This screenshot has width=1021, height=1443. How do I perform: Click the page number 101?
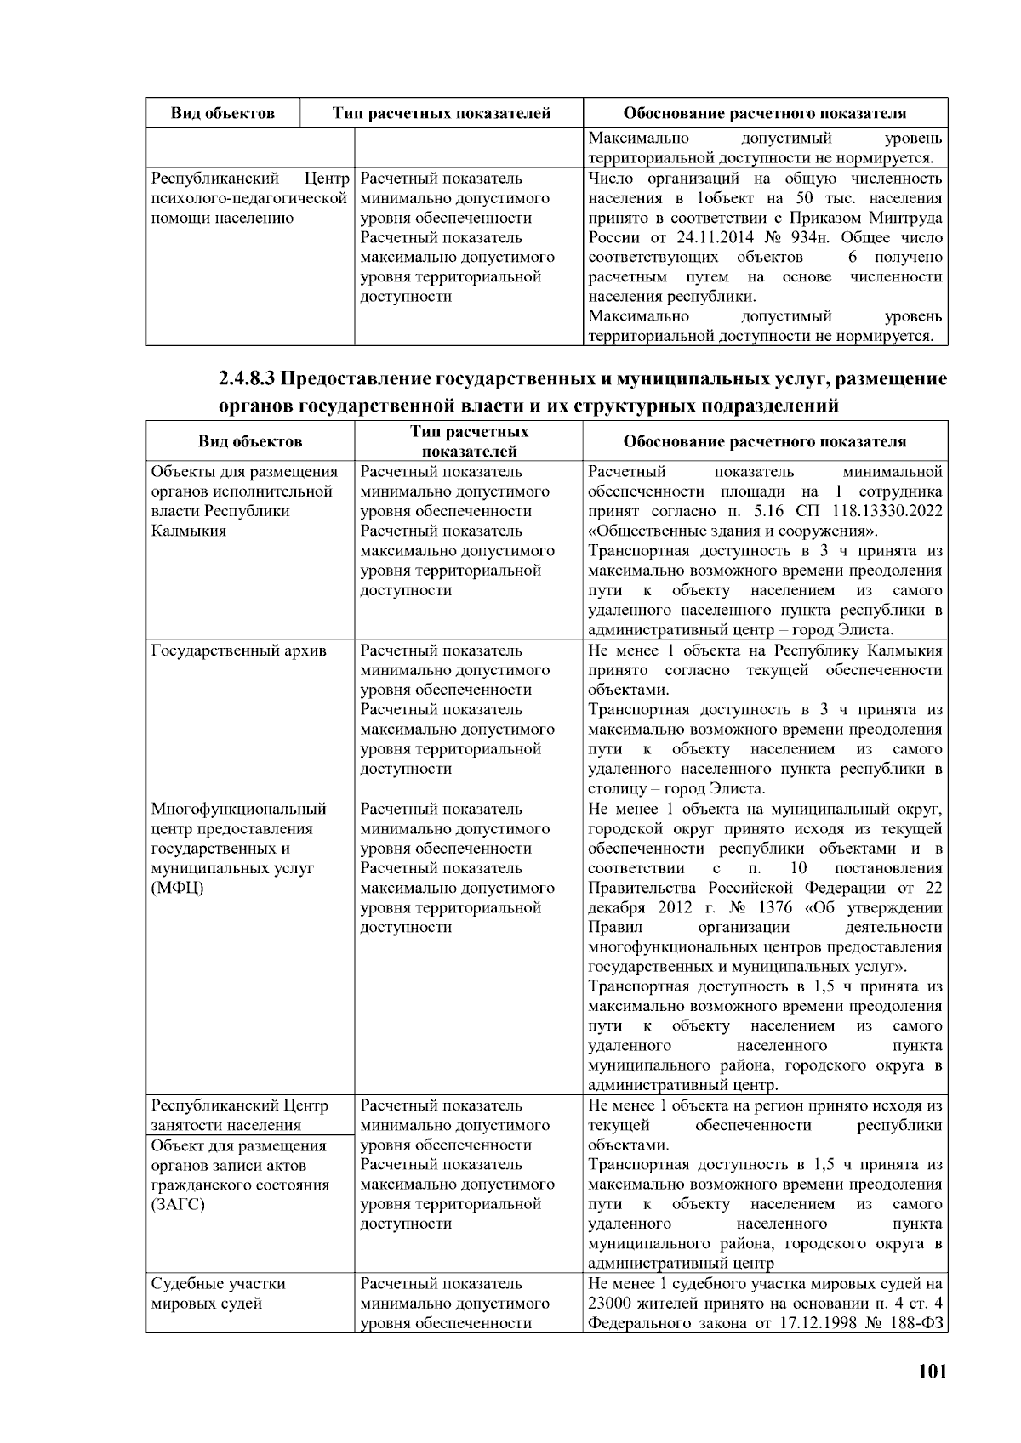tap(932, 1371)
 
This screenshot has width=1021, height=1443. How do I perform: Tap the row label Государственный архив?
tap(239, 650)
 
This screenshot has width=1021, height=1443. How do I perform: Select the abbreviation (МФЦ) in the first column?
tap(178, 889)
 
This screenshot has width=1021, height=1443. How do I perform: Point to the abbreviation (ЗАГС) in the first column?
tap(178, 1205)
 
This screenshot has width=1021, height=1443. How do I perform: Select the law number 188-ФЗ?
tap(920, 1323)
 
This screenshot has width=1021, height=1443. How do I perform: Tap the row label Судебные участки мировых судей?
tap(218, 1293)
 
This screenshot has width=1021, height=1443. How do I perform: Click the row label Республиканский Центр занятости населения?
tap(239, 1115)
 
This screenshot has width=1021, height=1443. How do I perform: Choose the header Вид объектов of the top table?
tap(223, 113)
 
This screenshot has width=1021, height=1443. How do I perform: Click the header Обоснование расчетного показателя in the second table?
tap(765, 441)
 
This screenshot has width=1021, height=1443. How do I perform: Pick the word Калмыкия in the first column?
tap(189, 531)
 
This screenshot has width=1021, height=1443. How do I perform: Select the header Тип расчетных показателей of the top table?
tap(442, 113)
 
